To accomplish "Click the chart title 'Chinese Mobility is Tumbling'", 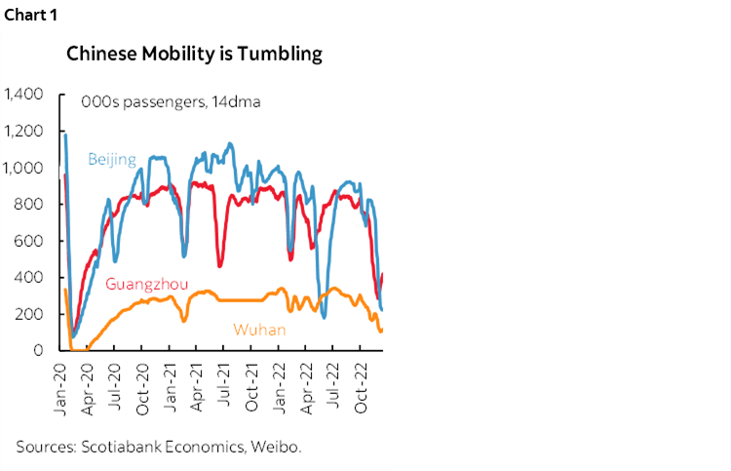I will [194, 55].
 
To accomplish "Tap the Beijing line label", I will [112, 159].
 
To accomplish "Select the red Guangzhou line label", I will [146, 286].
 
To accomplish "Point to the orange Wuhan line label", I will [258, 330].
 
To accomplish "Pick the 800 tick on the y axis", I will [30, 204].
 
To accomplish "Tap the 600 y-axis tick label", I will [30, 241].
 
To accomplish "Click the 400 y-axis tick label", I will [30, 277].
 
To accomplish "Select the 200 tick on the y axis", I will [30, 314].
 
